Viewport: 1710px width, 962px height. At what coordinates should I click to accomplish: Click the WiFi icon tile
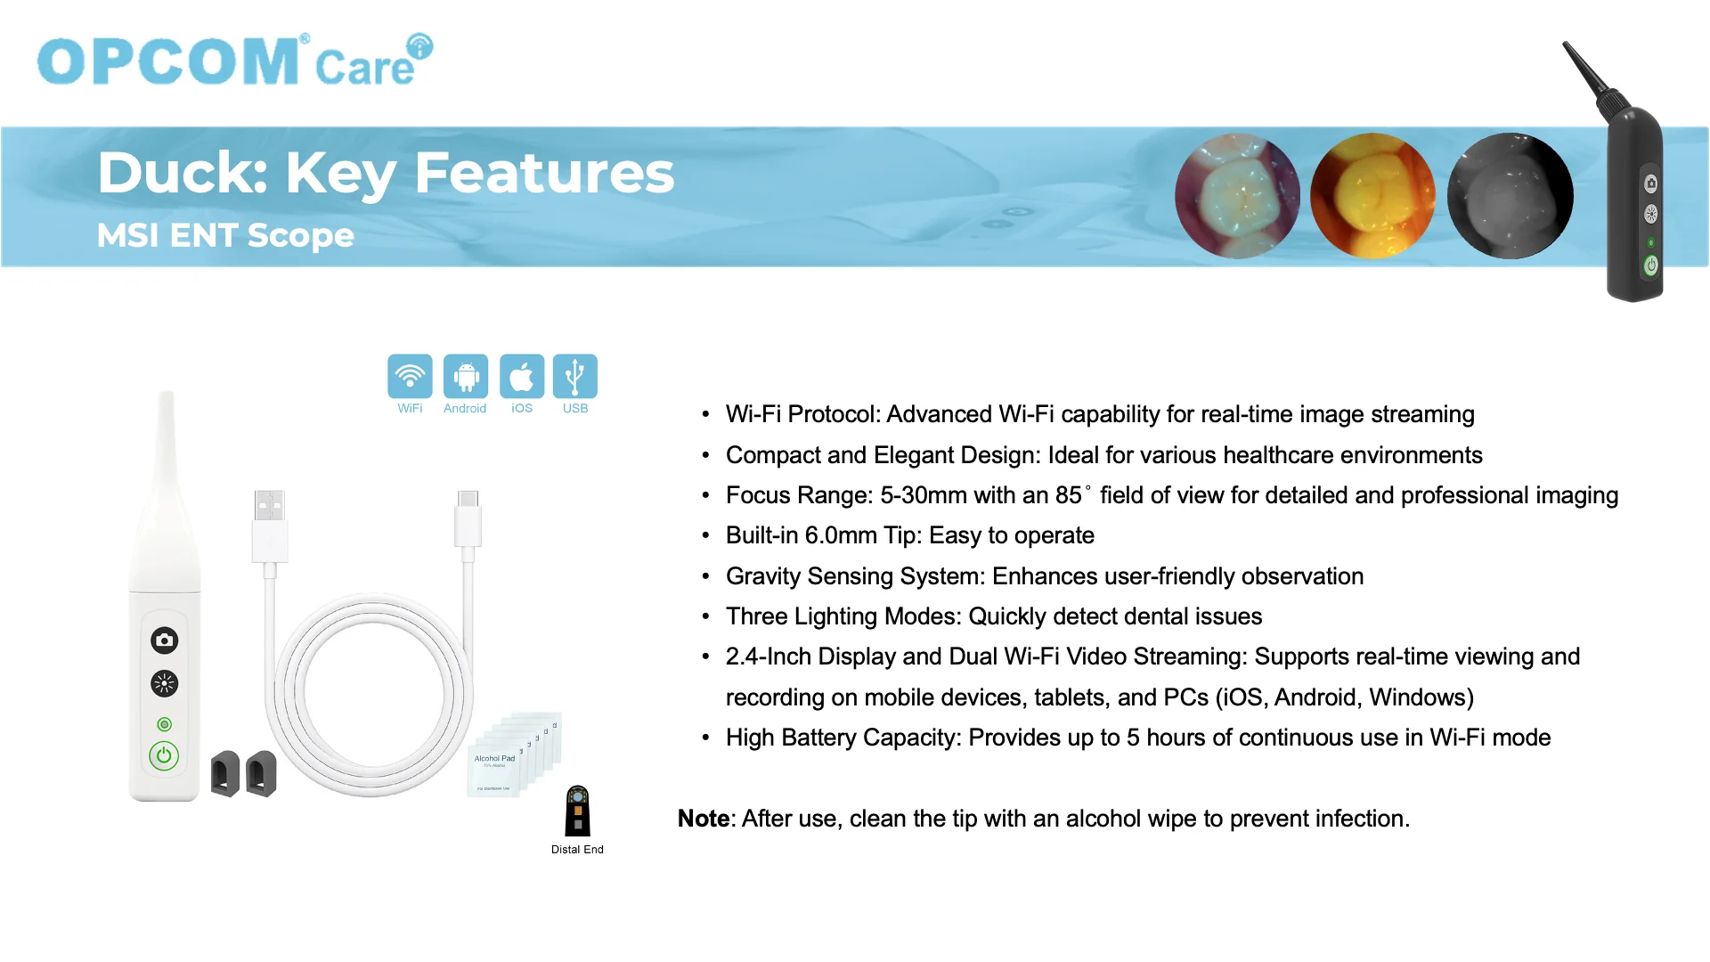pyautogui.click(x=410, y=376)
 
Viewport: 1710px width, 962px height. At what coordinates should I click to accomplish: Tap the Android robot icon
pyautogui.click(x=466, y=376)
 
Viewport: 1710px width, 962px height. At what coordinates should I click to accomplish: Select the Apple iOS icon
pyautogui.click(x=522, y=376)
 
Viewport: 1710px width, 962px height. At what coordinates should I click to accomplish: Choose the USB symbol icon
pyautogui.click(x=575, y=376)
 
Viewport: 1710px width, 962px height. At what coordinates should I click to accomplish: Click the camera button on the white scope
pyautogui.click(x=164, y=640)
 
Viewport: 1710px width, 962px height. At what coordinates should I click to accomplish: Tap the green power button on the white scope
pyautogui.click(x=164, y=756)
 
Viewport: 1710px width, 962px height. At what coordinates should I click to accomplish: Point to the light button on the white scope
pyautogui.click(x=164, y=684)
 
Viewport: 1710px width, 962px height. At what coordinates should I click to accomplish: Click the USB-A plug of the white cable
pyautogui.click(x=269, y=526)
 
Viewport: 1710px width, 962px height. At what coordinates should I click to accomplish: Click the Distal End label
pyautogui.click(x=577, y=850)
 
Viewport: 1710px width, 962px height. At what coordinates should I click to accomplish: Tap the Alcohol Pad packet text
pyautogui.click(x=494, y=759)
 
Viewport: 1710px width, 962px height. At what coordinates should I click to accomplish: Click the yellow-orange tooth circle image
pyautogui.click(x=1372, y=196)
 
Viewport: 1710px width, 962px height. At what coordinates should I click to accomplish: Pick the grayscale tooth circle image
pyautogui.click(x=1510, y=196)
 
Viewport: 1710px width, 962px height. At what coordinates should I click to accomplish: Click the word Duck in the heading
pyautogui.click(x=183, y=173)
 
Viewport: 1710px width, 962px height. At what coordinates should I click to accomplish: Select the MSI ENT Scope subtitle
pyautogui.click(x=225, y=235)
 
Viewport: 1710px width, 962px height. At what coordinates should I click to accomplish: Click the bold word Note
pyautogui.click(x=704, y=819)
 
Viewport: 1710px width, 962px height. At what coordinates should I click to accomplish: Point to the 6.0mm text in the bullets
pyautogui.click(x=841, y=535)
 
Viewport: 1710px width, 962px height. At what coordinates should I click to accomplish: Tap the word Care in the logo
pyautogui.click(x=365, y=68)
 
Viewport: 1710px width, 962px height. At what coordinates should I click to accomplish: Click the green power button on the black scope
pyautogui.click(x=1651, y=265)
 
